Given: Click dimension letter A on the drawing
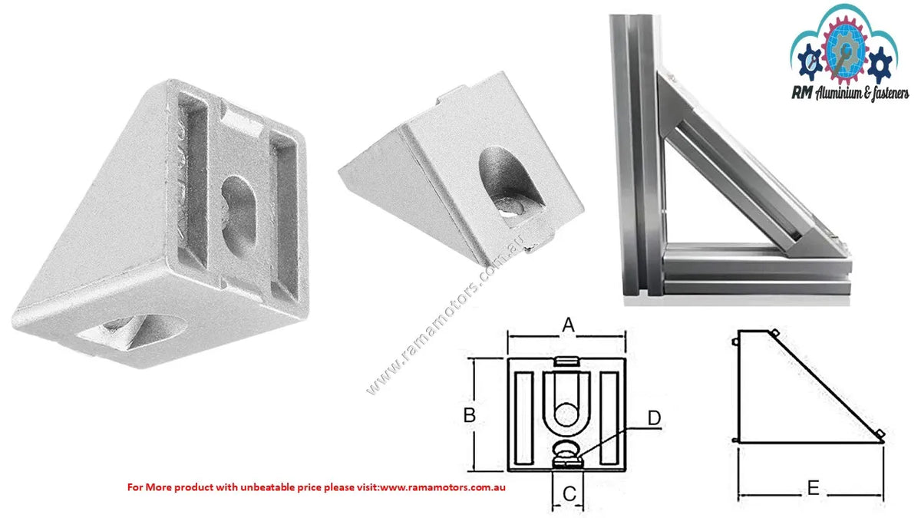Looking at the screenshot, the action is point(568,325).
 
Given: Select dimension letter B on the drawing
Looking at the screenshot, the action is point(470,415).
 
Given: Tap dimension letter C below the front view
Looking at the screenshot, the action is point(569,494).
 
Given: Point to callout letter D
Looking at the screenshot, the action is point(654,418).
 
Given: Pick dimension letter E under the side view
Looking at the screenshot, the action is point(813,488).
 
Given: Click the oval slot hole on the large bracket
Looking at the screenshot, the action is point(239,214).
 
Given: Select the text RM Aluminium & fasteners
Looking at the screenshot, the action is point(850,94).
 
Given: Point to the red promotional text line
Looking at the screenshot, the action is point(316,487).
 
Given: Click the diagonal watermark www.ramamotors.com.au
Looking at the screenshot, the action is point(446,315).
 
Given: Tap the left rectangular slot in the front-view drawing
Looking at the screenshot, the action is point(523,418).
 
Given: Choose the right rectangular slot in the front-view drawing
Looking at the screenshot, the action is point(609,418).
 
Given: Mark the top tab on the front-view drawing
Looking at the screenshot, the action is point(566,361).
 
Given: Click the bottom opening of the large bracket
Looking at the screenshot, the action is point(132,332).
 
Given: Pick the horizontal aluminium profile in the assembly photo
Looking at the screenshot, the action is point(756,269).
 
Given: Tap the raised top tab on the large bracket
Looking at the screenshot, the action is point(243,120).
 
